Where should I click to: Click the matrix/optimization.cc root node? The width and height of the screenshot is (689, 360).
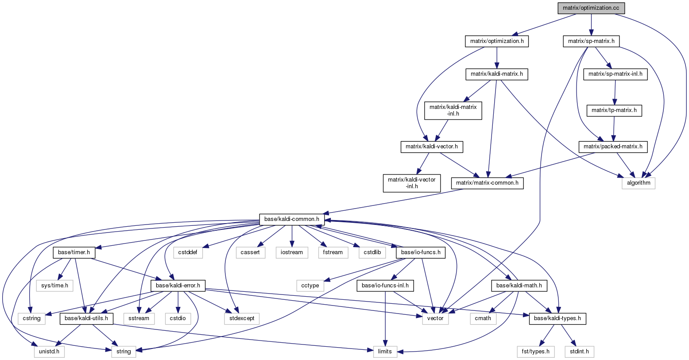click(x=591, y=8)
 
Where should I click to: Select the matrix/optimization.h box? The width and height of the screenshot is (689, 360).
click(x=497, y=42)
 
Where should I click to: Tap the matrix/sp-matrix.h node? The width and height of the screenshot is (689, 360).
click(x=591, y=42)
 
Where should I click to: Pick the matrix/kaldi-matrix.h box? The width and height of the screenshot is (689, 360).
click(x=497, y=75)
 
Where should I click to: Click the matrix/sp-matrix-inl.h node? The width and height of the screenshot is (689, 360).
click(x=615, y=75)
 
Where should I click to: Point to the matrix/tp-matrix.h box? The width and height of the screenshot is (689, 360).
click(x=615, y=110)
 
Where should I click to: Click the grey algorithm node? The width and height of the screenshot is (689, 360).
click(x=638, y=183)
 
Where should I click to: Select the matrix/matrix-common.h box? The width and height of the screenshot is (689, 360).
click(x=487, y=183)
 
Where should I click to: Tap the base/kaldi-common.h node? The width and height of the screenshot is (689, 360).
click(x=292, y=219)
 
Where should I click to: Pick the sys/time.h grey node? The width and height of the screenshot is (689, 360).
click(x=54, y=286)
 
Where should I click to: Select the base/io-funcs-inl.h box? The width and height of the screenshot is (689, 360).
click(x=385, y=286)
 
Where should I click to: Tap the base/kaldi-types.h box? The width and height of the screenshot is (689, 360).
click(x=557, y=318)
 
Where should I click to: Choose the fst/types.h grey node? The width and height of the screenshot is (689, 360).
click(x=536, y=352)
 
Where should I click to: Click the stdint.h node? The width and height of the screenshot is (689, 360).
click(x=579, y=352)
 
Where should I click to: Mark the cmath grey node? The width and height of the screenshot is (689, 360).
click(x=483, y=318)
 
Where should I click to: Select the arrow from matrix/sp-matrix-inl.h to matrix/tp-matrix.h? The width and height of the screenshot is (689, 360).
click(x=615, y=93)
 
